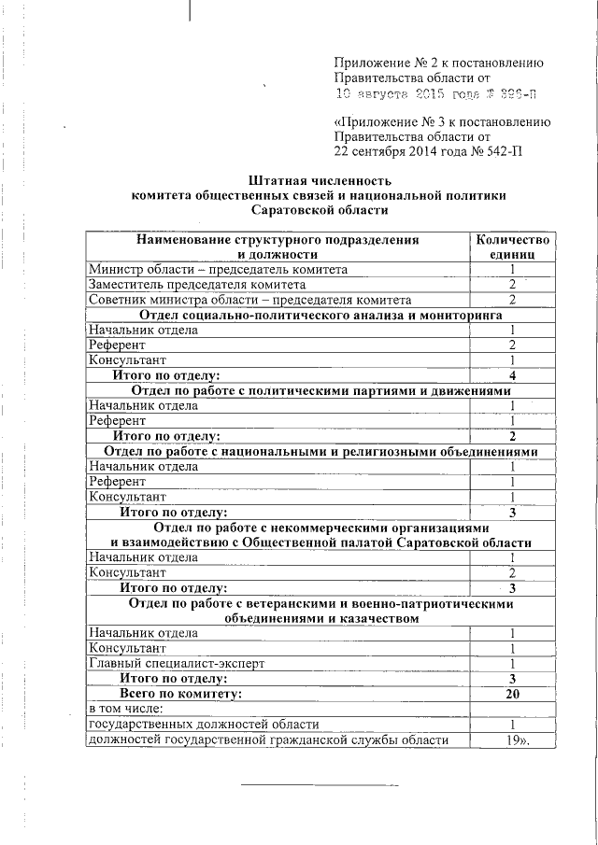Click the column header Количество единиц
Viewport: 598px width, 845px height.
[512, 246]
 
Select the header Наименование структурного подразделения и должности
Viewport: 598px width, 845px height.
[278, 246]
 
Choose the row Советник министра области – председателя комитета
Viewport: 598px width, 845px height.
[249, 300]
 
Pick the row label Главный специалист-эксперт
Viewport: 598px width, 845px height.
[177, 663]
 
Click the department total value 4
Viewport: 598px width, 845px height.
[512, 375]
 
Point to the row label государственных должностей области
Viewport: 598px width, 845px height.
[203, 725]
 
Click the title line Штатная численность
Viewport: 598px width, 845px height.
[320, 179]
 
